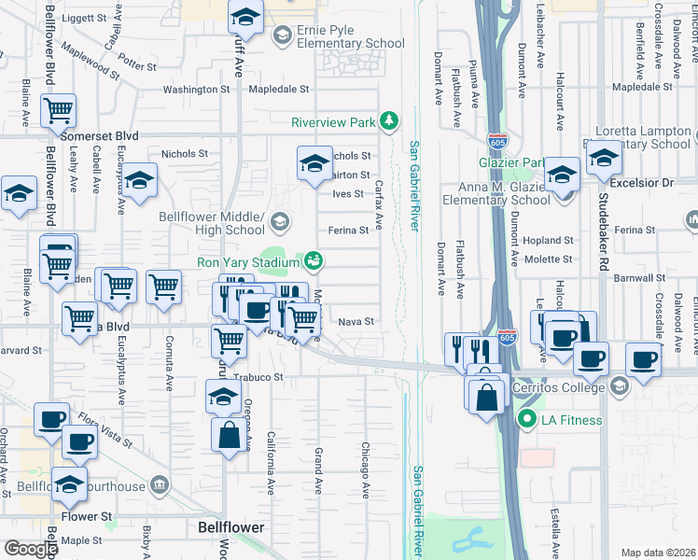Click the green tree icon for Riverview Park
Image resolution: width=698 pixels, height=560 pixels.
click(x=388, y=121)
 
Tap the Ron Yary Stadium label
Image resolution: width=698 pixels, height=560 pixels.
click(x=248, y=262)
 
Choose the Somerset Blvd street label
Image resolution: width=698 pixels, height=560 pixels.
click(x=99, y=136)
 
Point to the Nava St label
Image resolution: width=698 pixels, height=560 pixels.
click(x=356, y=321)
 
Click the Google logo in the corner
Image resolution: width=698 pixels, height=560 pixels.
click(x=30, y=548)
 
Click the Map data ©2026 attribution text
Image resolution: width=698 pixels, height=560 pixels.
click(x=658, y=553)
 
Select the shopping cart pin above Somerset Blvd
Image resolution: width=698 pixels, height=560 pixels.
click(x=59, y=111)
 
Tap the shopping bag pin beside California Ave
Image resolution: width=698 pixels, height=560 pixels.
click(x=230, y=434)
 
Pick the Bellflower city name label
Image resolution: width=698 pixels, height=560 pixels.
click(x=230, y=527)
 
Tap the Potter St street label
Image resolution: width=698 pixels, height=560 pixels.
click(x=137, y=66)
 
